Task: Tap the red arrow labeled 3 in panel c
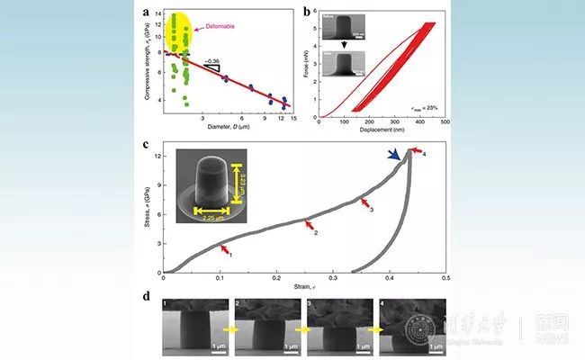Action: point(364,204)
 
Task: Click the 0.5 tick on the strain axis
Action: point(445,278)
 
